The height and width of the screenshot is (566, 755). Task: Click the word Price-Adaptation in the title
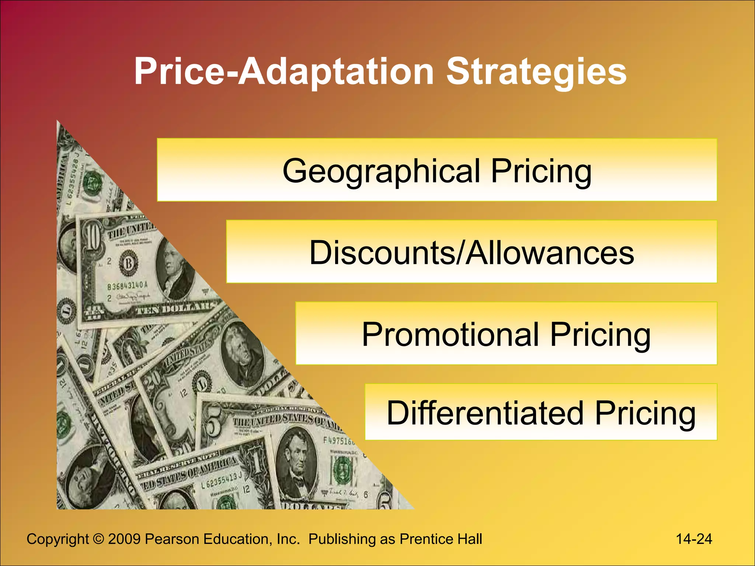[x=284, y=72]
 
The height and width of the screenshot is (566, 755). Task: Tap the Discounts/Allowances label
[x=472, y=252]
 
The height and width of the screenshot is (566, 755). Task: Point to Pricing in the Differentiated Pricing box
[x=645, y=413]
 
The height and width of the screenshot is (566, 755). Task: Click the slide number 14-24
[x=694, y=539]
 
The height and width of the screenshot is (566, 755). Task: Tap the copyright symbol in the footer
[x=98, y=539]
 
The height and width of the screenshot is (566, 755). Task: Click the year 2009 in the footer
[x=124, y=539]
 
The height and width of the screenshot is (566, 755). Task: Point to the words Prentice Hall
[x=441, y=539]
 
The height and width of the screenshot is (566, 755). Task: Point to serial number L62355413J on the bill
[x=221, y=481]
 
